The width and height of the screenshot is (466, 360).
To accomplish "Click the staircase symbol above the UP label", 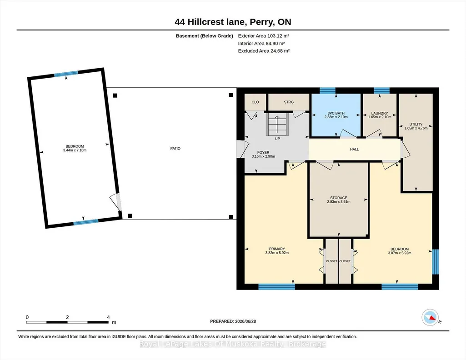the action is pos(277,123).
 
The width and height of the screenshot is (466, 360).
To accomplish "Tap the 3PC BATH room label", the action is pos(336,113).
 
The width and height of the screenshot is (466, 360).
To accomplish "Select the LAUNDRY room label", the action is pos(380,113).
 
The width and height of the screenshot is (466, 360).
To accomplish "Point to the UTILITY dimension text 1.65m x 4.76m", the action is pos(416,128).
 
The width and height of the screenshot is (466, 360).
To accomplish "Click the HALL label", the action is pos(354,150).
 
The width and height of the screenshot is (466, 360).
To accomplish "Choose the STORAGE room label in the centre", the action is pos(339,198).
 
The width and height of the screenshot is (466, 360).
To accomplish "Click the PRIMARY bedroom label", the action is pos(277,249).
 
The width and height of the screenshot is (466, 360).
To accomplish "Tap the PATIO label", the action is pos(175,149).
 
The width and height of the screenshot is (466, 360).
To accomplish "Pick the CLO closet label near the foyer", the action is pos(256,102).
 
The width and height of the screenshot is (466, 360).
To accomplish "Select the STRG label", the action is pos(289,102).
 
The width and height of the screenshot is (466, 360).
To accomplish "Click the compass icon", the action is pos(431,318).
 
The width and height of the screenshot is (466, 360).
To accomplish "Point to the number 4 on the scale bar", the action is pos(109,317).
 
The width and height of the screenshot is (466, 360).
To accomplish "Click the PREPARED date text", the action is pos(233,321).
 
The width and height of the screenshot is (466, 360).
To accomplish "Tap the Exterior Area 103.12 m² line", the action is pos(264,36).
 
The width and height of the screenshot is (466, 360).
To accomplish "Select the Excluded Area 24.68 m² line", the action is pos(264,51).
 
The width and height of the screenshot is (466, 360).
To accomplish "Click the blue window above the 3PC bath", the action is pos(327,90).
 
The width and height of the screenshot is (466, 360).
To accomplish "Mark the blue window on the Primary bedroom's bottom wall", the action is pos(276,287).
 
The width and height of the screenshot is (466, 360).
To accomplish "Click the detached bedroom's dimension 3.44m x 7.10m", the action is pos(75,150).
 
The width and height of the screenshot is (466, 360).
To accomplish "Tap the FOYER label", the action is pos(263,152).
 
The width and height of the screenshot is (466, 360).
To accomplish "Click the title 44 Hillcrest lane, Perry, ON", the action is pos(233,22).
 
